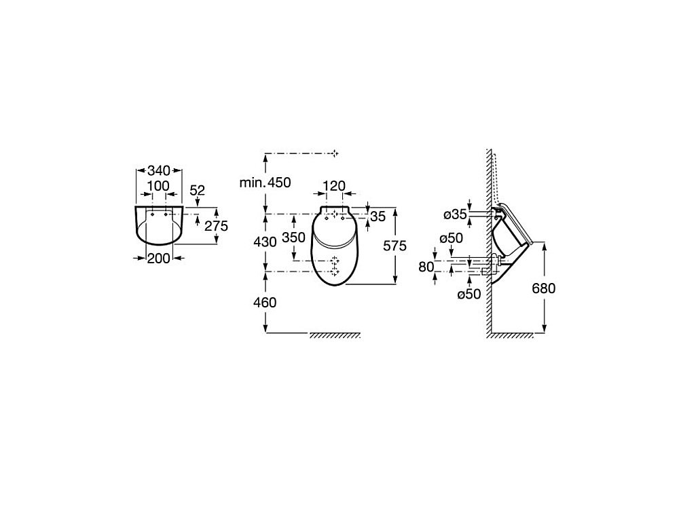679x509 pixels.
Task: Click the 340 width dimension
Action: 159,170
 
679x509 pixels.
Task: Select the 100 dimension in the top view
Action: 158,186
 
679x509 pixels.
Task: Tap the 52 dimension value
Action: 197,191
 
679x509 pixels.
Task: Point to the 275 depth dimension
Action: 216,225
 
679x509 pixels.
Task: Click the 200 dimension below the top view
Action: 158,259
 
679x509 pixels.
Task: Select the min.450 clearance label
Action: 265,183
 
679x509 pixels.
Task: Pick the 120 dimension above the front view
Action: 334,186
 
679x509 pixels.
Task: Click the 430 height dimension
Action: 265,242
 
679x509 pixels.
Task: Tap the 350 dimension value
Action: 293,237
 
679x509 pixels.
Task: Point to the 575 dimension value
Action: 395,246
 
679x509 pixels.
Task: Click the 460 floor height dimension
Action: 265,302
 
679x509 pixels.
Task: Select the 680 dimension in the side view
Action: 543,288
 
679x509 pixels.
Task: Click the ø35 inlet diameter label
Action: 455,214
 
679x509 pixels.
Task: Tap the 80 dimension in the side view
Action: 426,267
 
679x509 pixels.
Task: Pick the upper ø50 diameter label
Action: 452,238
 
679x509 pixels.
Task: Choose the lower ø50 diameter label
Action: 469,295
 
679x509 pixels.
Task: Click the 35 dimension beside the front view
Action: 378,216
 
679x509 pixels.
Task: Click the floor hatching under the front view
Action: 335,335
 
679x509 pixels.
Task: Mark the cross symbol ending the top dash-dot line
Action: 335,153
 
